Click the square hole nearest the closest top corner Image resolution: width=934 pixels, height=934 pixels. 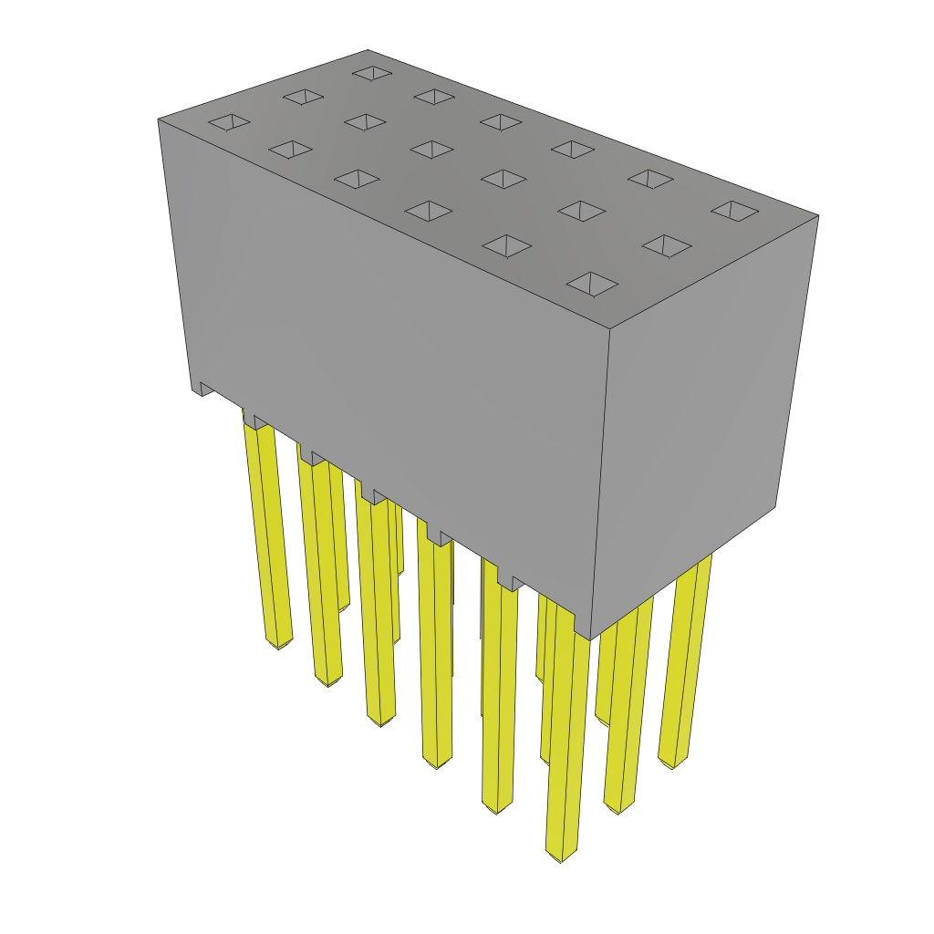point(592,284)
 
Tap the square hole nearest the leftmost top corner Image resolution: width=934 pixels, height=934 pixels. point(229,121)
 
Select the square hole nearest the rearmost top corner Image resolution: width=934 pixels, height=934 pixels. point(372,72)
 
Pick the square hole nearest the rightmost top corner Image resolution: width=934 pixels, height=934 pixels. point(734,211)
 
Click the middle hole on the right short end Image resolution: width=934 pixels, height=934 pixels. point(666,245)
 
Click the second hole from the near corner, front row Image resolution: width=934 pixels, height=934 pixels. point(507,245)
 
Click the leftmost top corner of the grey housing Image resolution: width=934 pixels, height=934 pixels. point(159,119)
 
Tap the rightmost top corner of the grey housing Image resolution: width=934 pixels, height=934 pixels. point(817,216)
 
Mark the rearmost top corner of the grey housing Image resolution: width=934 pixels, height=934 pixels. point(368,50)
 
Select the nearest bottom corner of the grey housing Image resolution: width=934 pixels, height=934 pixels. point(590,638)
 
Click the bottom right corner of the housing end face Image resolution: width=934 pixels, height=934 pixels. point(775,507)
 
